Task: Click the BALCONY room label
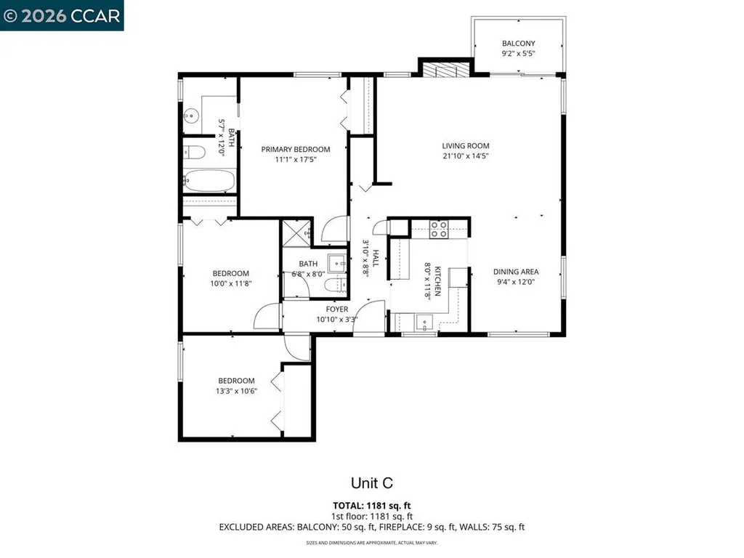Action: (x=518, y=43)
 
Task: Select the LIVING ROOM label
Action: (x=466, y=146)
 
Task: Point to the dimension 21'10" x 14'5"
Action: (x=466, y=156)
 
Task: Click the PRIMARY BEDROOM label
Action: (x=296, y=150)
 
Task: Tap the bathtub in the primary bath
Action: (x=209, y=181)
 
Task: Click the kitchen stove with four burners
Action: (x=438, y=229)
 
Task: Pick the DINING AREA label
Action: (x=516, y=272)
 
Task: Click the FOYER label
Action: (x=337, y=310)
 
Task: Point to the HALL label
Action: (x=376, y=258)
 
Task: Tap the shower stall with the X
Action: (x=297, y=233)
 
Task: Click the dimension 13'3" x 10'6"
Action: (x=236, y=391)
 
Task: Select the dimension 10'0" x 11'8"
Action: (x=230, y=284)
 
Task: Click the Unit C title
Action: (x=372, y=483)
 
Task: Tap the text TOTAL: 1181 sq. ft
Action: (x=372, y=506)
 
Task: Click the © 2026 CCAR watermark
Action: (x=62, y=16)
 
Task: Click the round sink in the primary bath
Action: (x=191, y=116)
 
